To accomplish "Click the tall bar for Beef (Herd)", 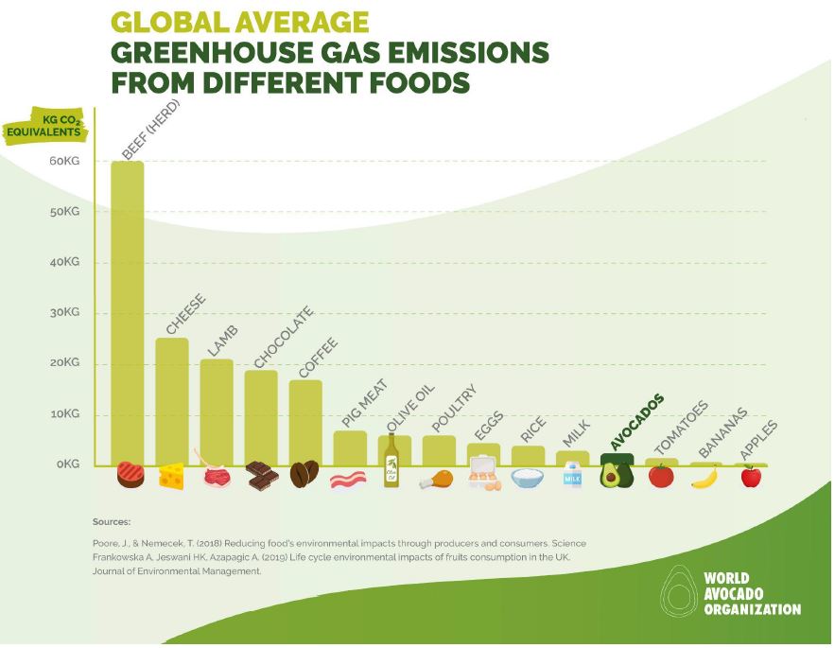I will pos(128,312).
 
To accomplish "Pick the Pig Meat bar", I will pos(350,447).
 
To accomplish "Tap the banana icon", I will pos(705,477).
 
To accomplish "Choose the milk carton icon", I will pos(572,476).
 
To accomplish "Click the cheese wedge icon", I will pos(172,476).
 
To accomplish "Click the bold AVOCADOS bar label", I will pos(636,422).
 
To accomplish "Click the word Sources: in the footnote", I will pos(112,521).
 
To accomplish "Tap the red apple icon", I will pos(751,476).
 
